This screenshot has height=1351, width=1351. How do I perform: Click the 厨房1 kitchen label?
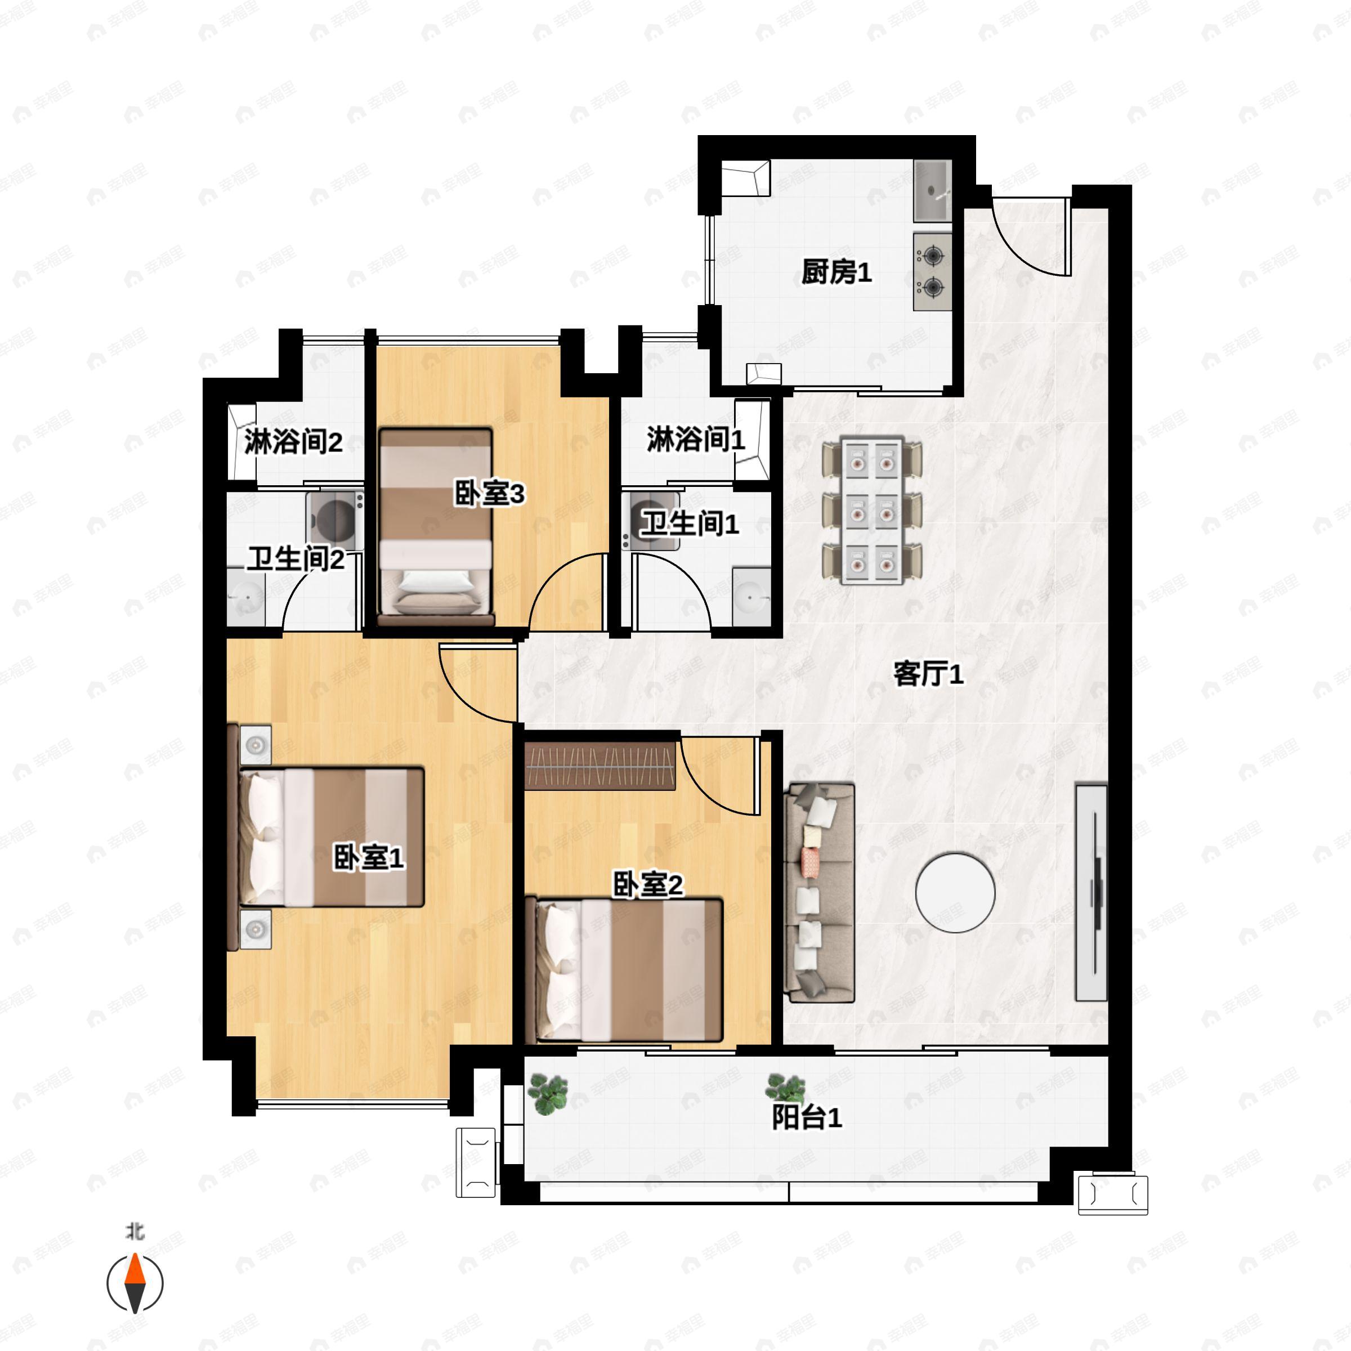[836, 272]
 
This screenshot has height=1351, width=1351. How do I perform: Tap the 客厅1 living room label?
[929, 674]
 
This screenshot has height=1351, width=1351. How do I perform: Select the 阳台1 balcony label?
[807, 1117]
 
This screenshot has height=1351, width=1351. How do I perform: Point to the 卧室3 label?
[489, 494]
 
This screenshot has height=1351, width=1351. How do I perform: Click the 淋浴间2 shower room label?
[293, 442]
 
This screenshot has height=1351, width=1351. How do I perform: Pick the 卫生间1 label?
[690, 524]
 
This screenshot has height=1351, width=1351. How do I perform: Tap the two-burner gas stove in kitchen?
[933, 272]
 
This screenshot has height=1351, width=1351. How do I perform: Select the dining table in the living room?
[872, 511]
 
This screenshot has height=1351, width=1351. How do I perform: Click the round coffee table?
[955, 893]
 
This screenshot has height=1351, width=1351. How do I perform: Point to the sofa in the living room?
[820, 893]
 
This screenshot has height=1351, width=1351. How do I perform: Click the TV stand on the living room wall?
[1091, 893]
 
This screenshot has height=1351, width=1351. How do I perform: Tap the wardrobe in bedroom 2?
[600, 767]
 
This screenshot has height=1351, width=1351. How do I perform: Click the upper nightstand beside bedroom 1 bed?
[256, 745]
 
